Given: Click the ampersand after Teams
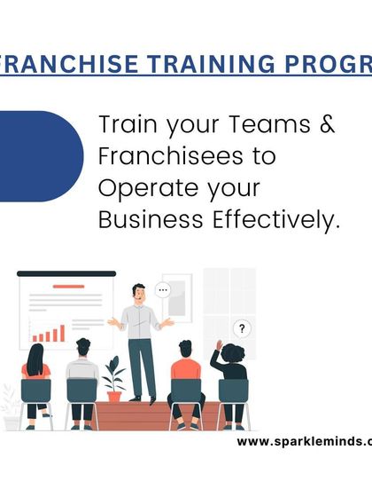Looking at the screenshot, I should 326,124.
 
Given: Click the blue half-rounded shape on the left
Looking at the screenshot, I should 40,155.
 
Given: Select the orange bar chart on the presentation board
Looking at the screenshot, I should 48,334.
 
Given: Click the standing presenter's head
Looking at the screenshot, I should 138,292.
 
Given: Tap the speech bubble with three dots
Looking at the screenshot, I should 161,289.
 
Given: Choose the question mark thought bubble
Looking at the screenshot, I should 242,328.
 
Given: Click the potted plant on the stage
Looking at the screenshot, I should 113,378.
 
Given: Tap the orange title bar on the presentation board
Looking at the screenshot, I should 67,286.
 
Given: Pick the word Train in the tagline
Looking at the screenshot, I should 123,124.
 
